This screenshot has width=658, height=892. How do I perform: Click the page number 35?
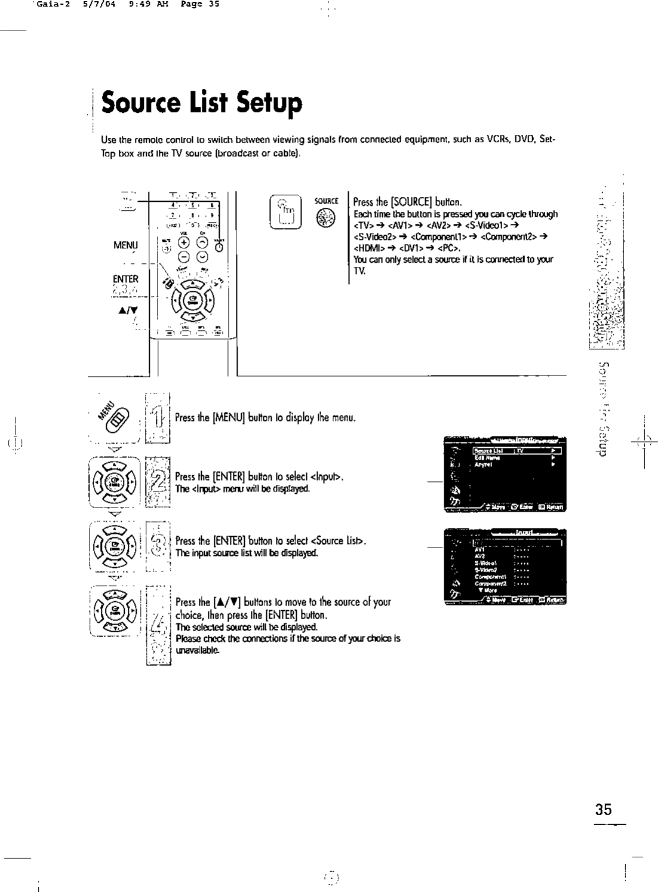point(603,810)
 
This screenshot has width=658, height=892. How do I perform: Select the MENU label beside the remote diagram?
point(125,245)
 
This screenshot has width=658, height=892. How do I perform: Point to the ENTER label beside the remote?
point(125,279)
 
